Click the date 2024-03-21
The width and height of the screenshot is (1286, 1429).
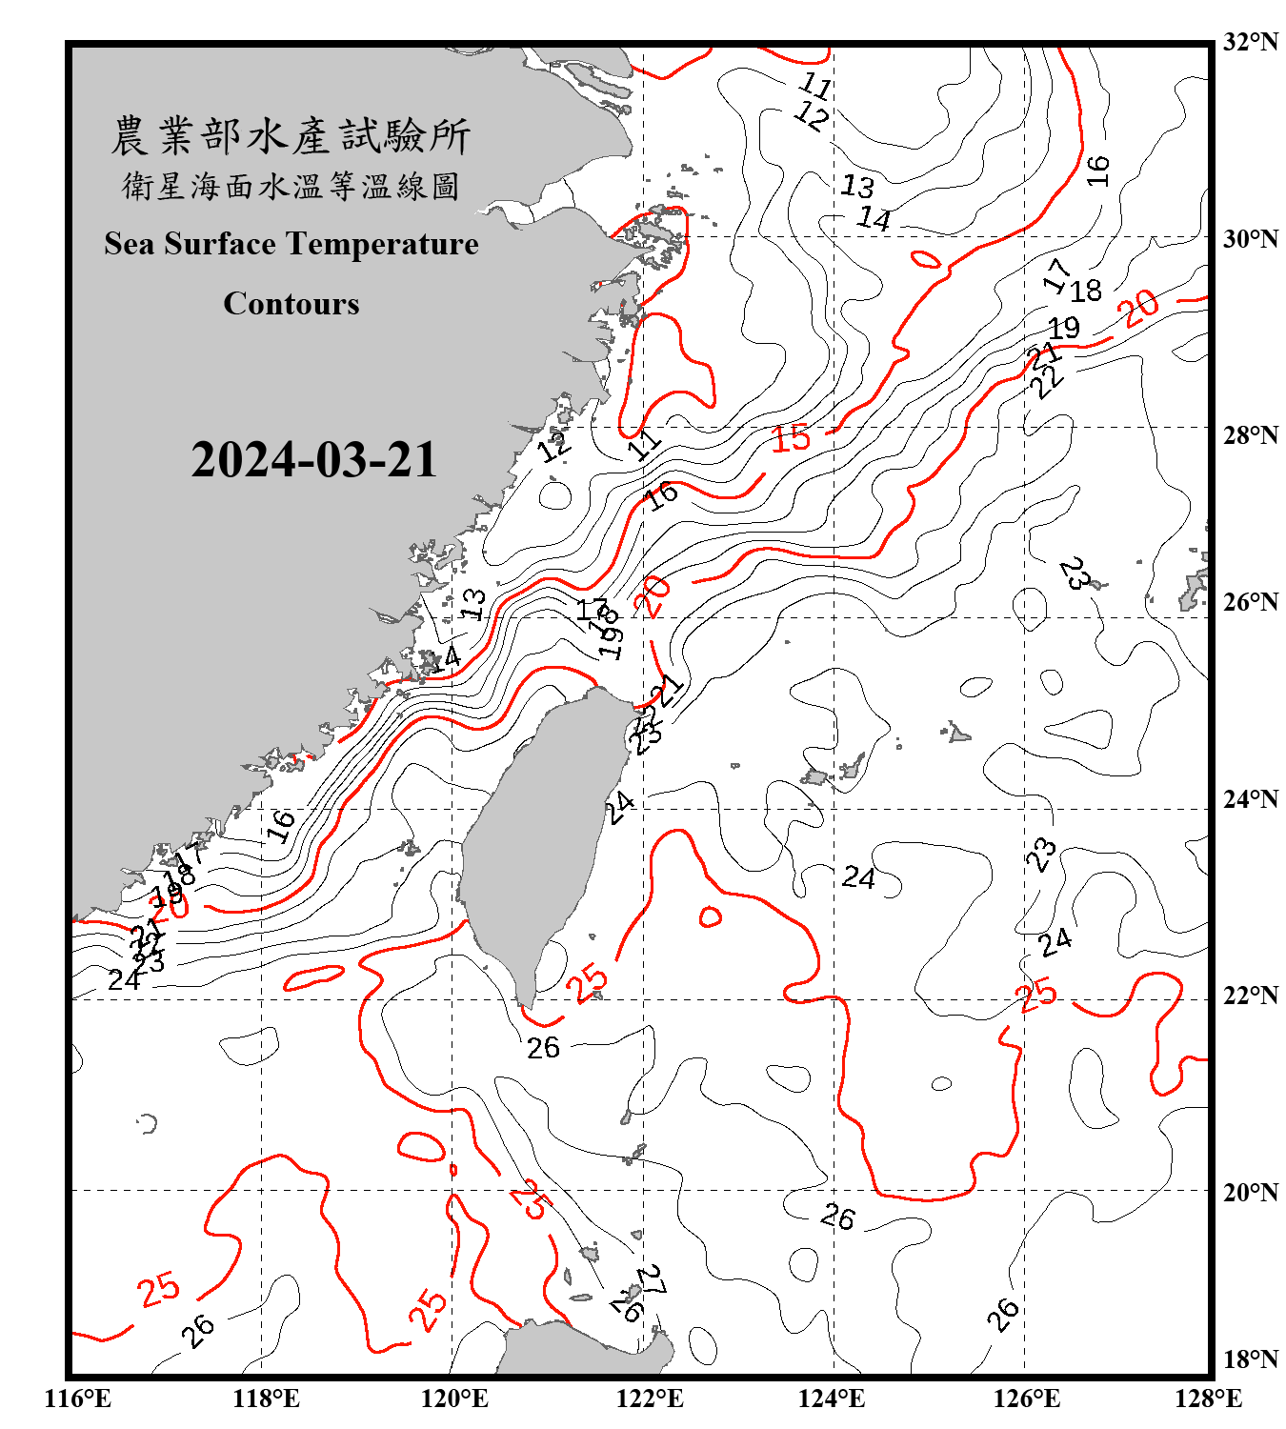313,459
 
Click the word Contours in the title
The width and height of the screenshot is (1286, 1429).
291,304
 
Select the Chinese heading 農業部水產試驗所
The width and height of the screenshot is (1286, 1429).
291,136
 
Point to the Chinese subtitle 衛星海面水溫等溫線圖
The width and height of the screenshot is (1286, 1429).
291,186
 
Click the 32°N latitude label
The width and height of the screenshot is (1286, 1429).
1250,42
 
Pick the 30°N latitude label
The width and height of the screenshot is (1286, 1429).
1250,239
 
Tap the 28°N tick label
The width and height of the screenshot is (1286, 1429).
1250,435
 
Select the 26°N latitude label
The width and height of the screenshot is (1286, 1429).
1250,602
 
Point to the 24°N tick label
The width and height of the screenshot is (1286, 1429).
1250,799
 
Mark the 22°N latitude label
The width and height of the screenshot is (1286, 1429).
1250,996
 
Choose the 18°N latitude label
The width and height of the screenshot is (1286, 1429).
1250,1359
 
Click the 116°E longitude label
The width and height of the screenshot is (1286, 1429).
77,1399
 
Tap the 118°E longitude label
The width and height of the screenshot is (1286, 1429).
266,1399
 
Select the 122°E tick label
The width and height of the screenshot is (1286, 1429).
650,1399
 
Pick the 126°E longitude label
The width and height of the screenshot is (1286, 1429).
1026,1399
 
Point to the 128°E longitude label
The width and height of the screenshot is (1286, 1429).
1208,1399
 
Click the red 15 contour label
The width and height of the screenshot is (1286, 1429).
791,438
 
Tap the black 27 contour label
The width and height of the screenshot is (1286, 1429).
652,1280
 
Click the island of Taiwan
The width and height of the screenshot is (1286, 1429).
538,838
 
